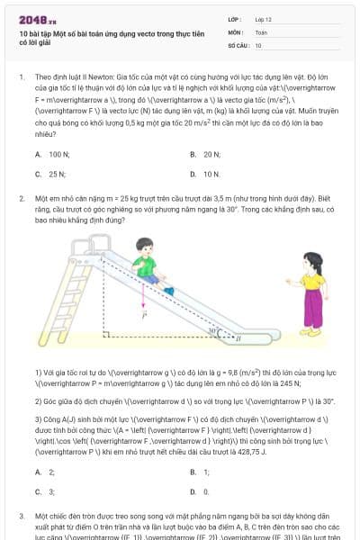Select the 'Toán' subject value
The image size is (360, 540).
click(x=261, y=31)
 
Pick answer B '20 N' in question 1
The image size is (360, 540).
click(x=211, y=154)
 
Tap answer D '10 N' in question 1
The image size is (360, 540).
click(x=211, y=173)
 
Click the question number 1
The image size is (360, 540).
click(x=21, y=78)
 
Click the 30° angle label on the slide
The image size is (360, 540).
click(x=210, y=330)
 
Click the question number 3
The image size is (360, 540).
click(x=21, y=516)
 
